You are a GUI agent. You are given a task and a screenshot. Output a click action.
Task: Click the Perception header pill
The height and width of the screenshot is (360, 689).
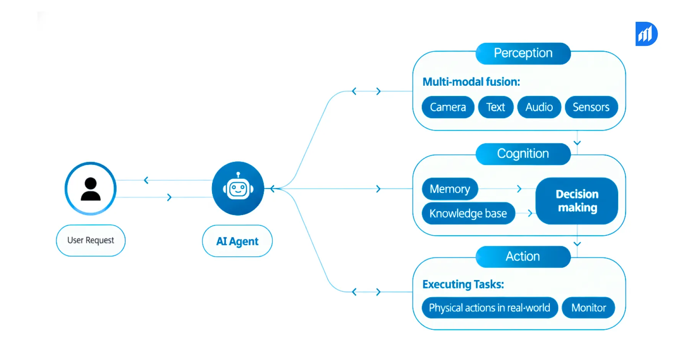point(523,53)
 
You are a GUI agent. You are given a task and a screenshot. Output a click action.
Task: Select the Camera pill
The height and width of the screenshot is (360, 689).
point(448,107)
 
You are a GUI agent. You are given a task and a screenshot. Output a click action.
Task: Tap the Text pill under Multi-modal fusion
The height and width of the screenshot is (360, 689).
point(495,107)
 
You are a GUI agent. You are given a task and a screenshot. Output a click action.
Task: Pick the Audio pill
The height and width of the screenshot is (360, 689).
point(539,107)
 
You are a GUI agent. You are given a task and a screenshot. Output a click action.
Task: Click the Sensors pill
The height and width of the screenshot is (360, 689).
point(591,107)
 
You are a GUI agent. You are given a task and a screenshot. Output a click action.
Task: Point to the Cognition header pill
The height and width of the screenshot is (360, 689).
point(523,154)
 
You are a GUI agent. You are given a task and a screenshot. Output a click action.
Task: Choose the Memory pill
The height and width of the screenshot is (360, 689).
point(450,189)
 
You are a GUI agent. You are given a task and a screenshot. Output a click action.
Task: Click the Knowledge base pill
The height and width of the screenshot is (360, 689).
point(468,213)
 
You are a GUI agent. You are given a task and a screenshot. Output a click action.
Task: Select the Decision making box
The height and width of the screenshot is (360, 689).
point(577,201)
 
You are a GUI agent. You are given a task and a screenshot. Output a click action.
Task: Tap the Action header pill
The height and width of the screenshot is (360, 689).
point(523,256)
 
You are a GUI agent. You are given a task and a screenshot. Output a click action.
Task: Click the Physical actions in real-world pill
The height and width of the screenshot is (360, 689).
point(489,308)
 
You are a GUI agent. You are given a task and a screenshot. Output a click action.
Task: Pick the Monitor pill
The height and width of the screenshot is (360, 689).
point(588,308)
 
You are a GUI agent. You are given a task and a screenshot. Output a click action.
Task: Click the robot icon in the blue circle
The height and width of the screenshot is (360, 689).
point(238,188)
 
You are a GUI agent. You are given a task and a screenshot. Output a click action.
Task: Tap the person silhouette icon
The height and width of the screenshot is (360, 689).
point(91,189)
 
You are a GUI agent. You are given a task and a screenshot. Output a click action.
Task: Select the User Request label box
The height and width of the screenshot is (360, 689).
point(91,240)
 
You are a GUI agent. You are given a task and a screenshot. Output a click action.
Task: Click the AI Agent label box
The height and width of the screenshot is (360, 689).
point(237,241)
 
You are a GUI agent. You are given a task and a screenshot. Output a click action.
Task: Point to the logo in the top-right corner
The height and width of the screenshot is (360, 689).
point(646,34)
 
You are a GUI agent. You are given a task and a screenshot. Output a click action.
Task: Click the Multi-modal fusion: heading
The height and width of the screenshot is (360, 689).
point(471,82)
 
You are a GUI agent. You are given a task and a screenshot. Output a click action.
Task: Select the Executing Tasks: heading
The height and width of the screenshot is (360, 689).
point(463,285)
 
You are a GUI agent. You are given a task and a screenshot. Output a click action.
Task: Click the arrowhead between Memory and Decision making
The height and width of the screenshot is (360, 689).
point(519,189)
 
